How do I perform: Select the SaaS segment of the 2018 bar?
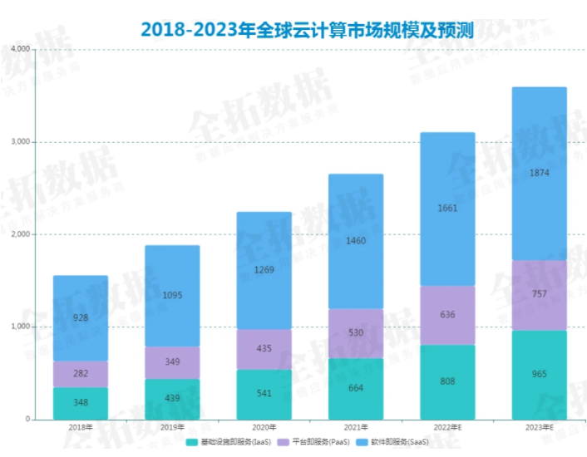coord(81,318)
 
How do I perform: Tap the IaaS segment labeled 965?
coord(539,374)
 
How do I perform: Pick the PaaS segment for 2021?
coord(356,333)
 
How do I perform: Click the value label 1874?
coord(539,173)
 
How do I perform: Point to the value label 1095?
coord(172,294)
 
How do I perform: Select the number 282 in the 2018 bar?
coord(81,375)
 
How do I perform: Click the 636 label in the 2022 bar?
coord(447,315)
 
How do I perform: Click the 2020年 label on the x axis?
coord(264,427)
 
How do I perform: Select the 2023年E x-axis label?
coord(539,427)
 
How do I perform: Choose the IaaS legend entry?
coord(224,443)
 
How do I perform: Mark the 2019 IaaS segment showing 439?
coord(172,399)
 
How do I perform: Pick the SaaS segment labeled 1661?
coord(447,209)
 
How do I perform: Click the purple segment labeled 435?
coord(264,349)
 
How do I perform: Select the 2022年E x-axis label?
coord(447,427)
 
